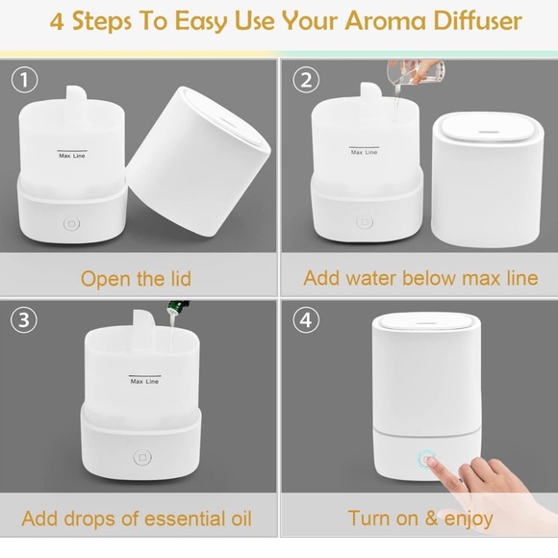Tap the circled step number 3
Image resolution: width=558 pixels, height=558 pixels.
coord(25,319)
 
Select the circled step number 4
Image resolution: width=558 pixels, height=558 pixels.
coord(306,319)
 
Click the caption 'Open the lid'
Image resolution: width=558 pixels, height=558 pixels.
coord(136,279)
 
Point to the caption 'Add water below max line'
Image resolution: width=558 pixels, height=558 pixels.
coord(420,279)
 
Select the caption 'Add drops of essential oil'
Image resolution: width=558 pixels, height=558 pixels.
coord(136,519)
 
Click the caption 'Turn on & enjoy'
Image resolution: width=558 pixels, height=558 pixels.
coord(420,519)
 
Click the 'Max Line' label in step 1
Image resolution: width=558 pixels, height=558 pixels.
coord(73,155)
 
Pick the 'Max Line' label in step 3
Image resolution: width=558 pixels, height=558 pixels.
coord(144,381)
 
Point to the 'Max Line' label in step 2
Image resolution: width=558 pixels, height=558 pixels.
coord(364,153)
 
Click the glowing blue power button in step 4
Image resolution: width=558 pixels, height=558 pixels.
coord(424,459)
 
